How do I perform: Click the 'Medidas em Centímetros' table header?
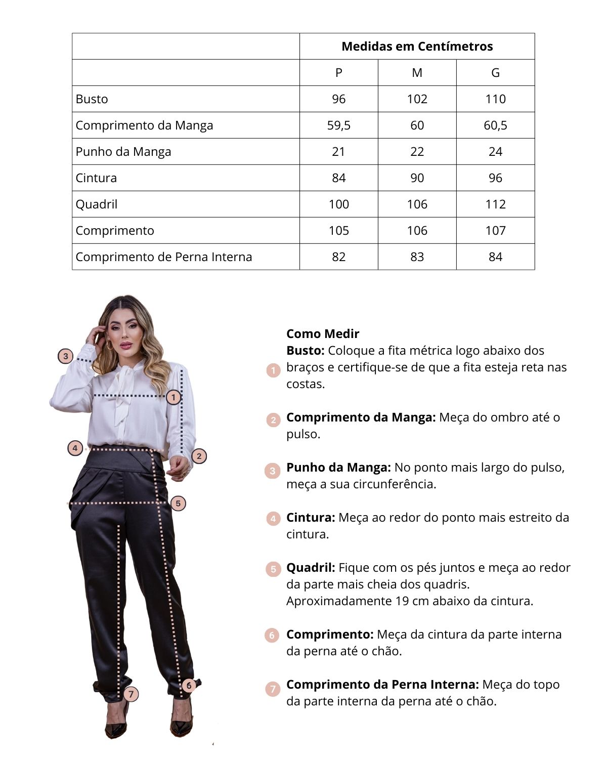pos(417,47)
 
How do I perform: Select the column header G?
pos(495,73)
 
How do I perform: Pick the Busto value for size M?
pos(417,99)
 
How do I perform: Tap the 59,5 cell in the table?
pos(338,125)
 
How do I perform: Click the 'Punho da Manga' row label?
pos(123,152)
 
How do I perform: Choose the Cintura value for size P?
pos(338,178)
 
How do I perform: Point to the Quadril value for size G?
pos(495,204)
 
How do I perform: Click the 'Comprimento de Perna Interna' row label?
pos(163,257)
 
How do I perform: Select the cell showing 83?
pos(417,257)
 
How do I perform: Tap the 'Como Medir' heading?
pos(323,334)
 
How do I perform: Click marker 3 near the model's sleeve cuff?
pos(65,356)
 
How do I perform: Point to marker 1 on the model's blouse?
pos(174,397)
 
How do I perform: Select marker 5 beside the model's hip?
pos(178,503)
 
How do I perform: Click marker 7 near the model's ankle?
pos(131,694)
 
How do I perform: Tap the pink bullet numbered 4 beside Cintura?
pos(273,518)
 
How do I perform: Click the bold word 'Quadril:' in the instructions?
pos(311,568)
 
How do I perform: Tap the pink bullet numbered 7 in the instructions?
pos(273,689)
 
